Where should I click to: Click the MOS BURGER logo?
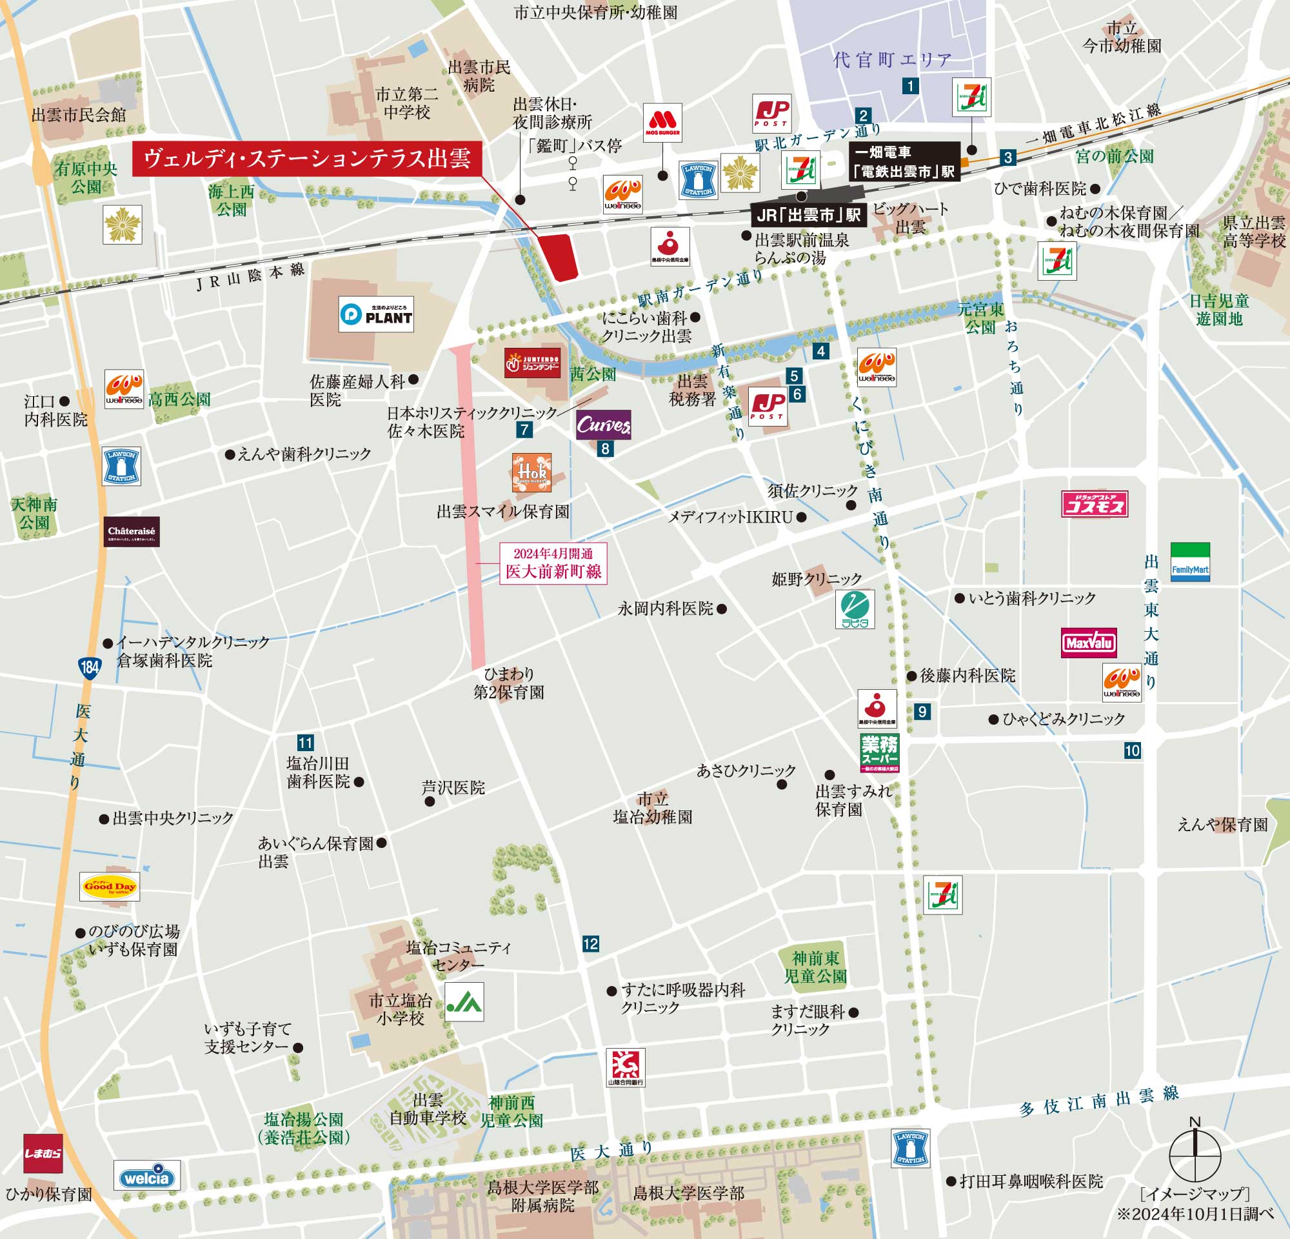[662, 123]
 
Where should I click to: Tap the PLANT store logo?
[376, 314]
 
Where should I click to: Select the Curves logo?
[604, 425]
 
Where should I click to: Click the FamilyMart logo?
[1190, 562]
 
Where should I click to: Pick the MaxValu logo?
[1089, 643]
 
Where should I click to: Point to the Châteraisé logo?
[132, 531]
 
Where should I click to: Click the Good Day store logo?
[109, 886]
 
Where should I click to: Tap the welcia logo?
[147, 1176]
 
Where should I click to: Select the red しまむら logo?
[43, 1153]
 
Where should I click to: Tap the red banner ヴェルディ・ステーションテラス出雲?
[307, 159]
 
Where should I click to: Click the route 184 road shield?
[90, 667]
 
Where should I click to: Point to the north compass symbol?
[1195, 1154]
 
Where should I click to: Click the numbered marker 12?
[590, 944]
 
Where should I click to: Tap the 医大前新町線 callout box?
[553, 563]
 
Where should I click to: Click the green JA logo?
[464, 1002]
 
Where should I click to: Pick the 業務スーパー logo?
[879, 752]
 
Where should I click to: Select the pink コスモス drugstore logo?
[1095, 504]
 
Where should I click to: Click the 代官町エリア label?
[893, 61]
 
